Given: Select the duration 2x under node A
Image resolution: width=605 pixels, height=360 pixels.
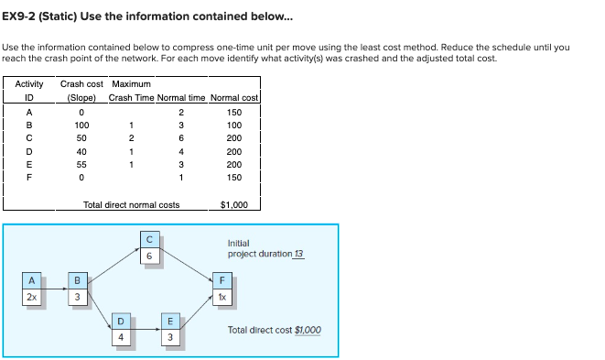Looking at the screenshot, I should [x=32, y=297].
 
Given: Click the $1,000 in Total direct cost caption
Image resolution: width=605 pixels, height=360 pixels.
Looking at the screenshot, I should [x=308, y=330].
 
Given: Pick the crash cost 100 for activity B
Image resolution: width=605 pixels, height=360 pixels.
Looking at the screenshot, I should [x=81, y=125].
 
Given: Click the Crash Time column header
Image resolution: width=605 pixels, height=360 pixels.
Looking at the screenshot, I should [x=130, y=98].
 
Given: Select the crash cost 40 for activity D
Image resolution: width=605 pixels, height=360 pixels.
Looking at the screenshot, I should [x=81, y=150].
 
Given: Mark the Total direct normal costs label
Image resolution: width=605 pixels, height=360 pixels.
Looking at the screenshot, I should [x=131, y=205].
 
